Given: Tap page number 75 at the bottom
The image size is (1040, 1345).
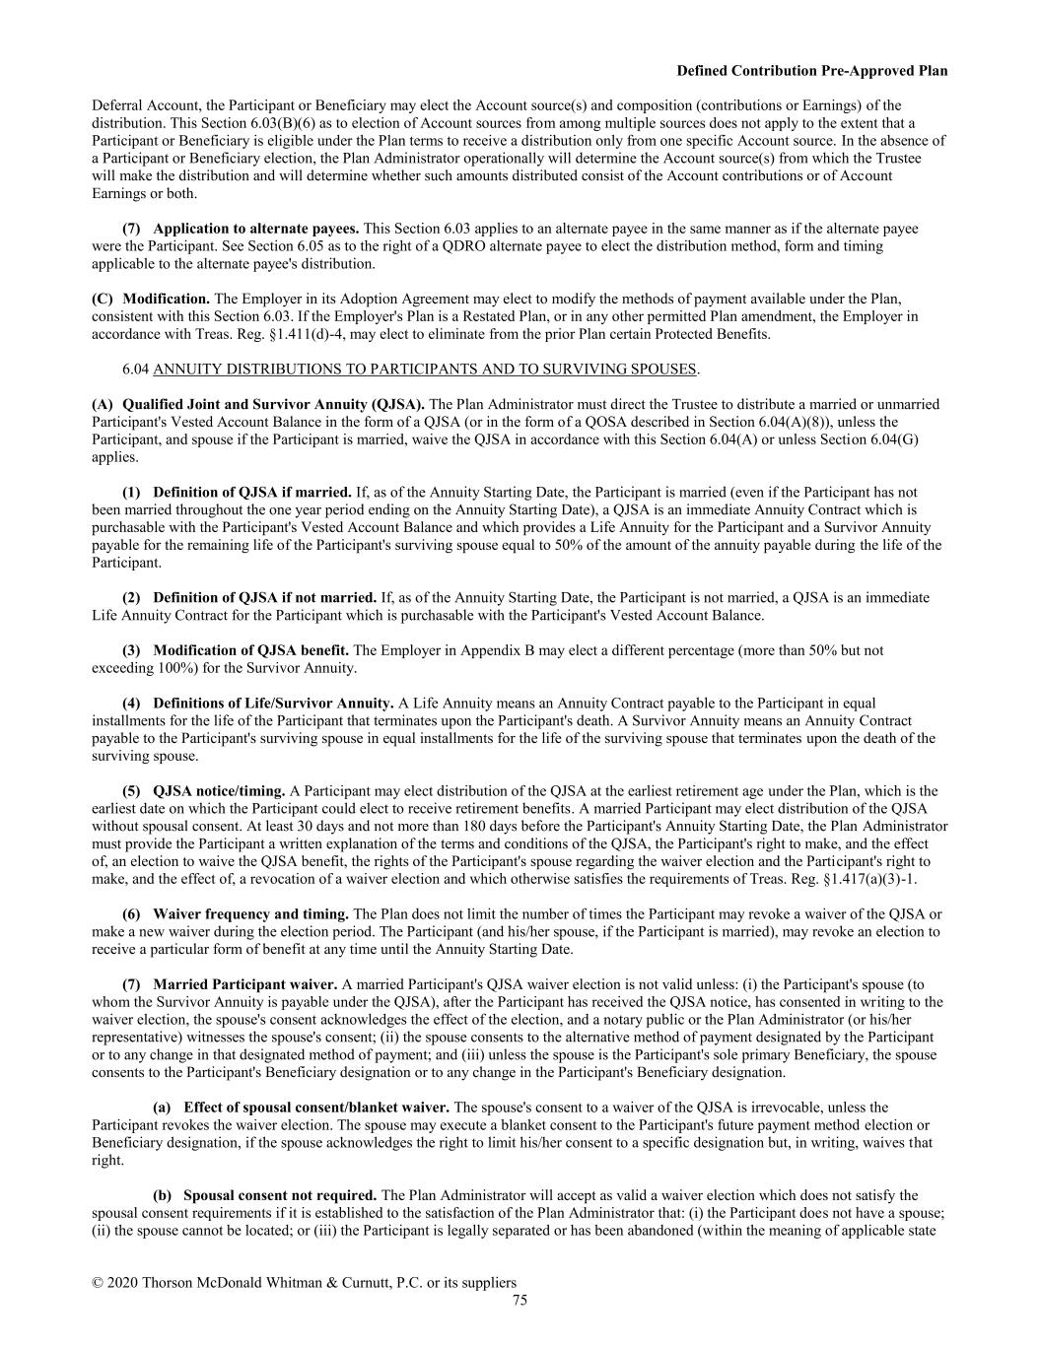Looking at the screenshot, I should pos(520,1300).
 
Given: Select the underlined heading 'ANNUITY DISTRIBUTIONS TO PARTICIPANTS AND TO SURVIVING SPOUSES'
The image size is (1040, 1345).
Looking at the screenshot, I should pos(426,370).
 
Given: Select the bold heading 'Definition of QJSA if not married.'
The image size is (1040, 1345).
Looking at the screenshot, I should pos(264,597).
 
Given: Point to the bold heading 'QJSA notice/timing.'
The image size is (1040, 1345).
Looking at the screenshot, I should pos(219,790).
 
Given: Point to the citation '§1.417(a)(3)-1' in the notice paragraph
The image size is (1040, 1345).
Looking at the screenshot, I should pos(881,879).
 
